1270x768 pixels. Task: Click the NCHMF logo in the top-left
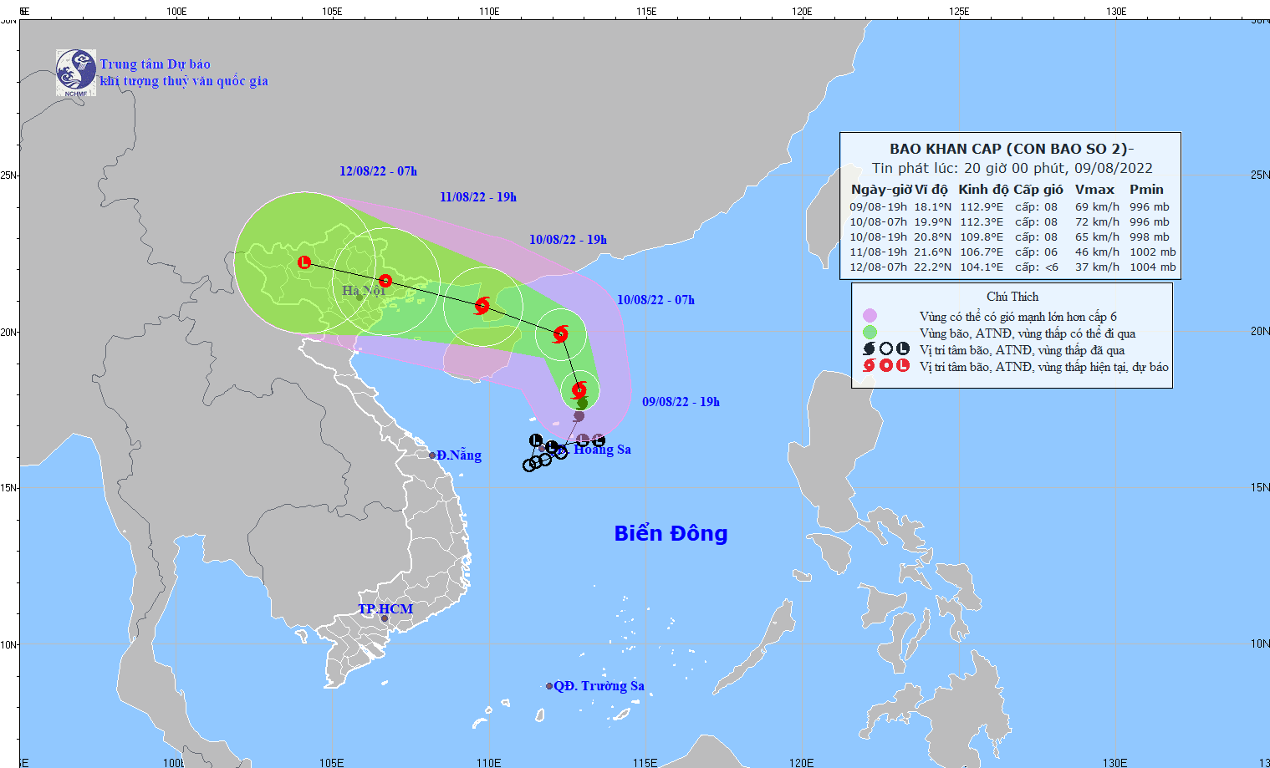coord(75,72)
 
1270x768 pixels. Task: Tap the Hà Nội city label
coord(364,291)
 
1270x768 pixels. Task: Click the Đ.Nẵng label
coord(458,455)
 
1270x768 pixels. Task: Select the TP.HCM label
coord(385,608)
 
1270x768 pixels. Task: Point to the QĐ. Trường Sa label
coord(599,686)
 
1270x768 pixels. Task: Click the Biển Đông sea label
coord(671,533)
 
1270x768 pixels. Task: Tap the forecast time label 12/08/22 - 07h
coord(378,171)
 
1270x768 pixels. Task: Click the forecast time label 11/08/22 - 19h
coord(478,197)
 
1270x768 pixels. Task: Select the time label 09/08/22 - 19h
coord(681,402)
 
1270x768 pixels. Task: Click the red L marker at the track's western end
coord(304,262)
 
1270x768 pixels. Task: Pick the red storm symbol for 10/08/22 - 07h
coord(560,334)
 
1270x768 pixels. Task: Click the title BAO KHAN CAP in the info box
coord(945,149)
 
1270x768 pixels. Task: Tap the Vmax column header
coord(1094,190)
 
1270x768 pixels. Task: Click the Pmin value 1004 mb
coord(1152,267)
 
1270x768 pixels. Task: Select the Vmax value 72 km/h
coord(1097,222)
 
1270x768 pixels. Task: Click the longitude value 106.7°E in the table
coord(981,252)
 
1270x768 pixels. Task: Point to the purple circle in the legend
coord(870,316)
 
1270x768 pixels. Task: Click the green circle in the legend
coord(870,333)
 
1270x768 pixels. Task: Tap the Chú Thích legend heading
coord(1012,297)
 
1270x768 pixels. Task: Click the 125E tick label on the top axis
coord(959,11)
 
